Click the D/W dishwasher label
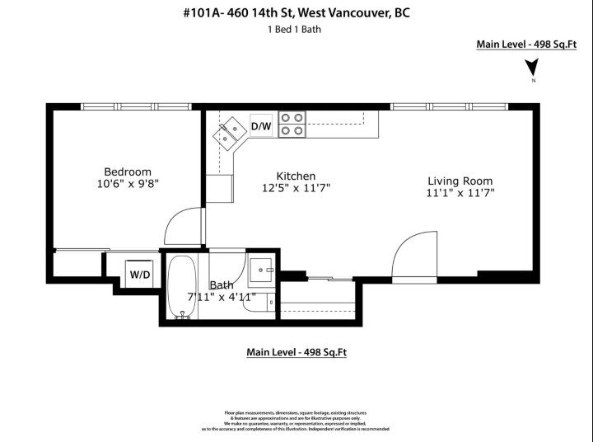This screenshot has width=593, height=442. (x=260, y=126)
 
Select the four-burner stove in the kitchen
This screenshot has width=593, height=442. (x=291, y=124)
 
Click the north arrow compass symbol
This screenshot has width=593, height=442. (x=533, y=73)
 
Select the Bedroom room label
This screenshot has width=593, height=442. (x=127, y=172)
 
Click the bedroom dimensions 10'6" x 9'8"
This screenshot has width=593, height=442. (x=127, y=185)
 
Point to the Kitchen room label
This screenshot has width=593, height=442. (x=296, y=176)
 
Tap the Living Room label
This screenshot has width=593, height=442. (x=460, y=181)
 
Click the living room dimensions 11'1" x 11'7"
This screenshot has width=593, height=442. (x=460, y=194)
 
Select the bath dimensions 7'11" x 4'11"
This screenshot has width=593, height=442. (x=221, y=297)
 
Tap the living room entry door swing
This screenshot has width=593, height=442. (x=409, y=256)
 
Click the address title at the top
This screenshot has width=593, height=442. (x=295, y=12)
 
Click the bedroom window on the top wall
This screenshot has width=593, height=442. (x=136, y=106)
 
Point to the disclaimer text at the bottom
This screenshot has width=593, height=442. (x=296, y=421)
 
